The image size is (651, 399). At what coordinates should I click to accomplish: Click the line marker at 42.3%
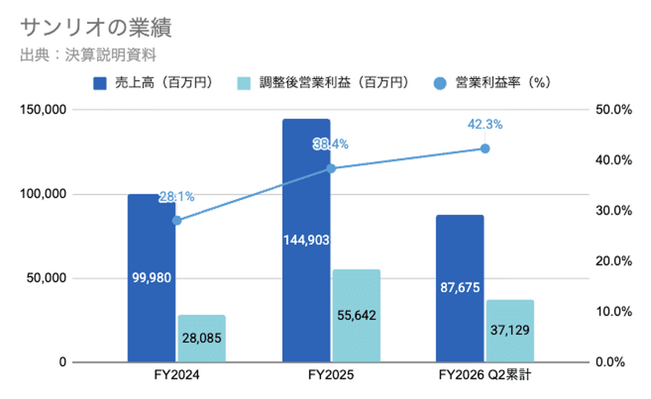[485, 148]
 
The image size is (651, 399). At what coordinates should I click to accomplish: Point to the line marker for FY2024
[177, 220]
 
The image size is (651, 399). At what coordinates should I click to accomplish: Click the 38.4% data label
[331, 145]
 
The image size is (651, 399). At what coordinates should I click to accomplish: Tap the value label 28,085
[201, 338]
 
